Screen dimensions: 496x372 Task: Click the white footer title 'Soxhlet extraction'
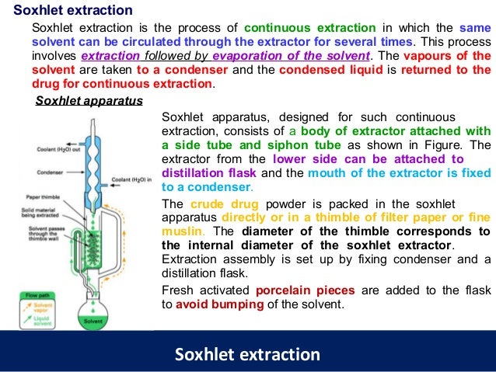[x=247, y=354]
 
